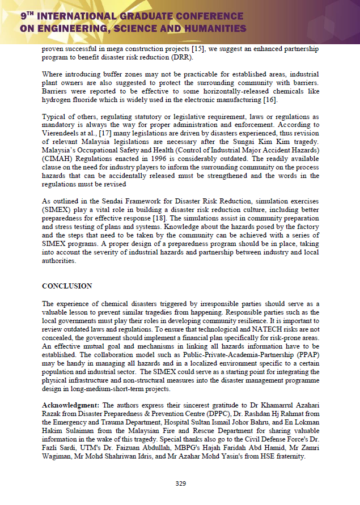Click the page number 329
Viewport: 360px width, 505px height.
coord(180,483)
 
